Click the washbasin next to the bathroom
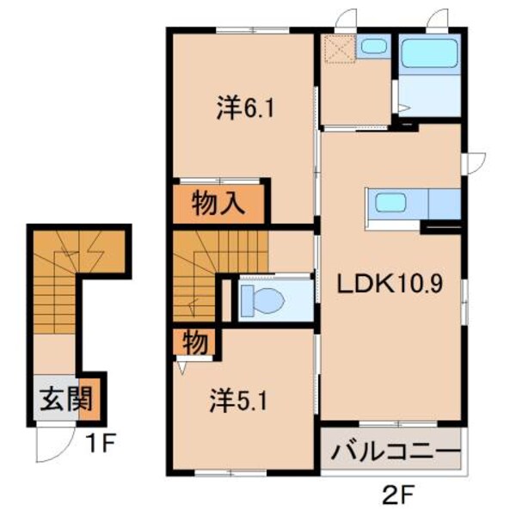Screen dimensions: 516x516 pos(373,46)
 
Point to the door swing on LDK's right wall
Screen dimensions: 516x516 pos(474,161)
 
